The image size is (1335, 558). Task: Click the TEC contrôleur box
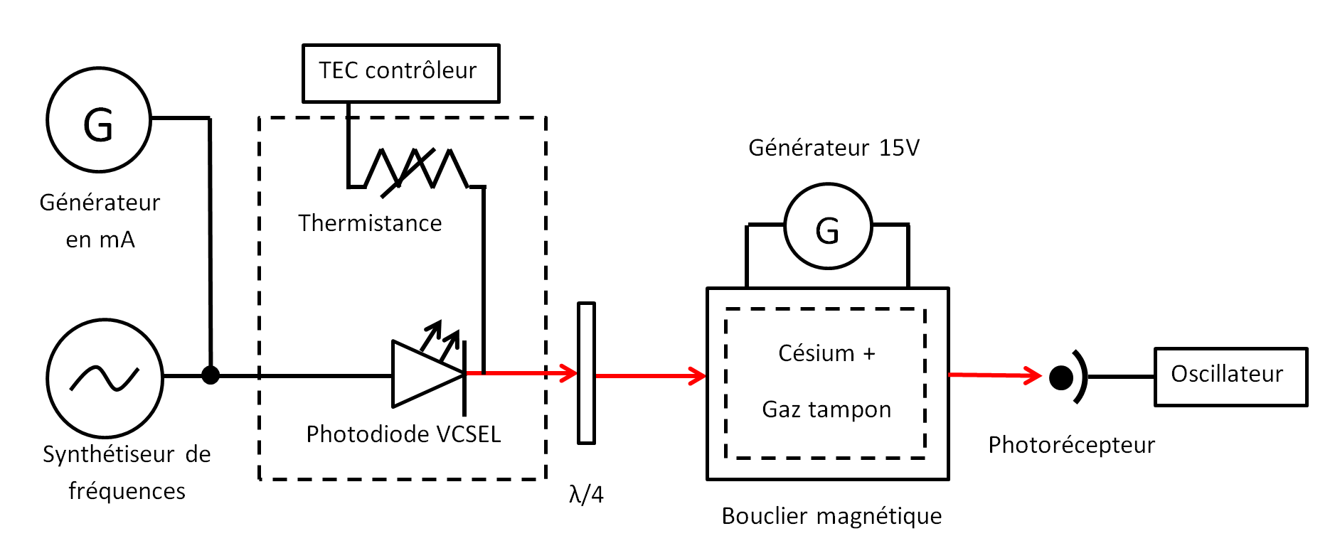pyautogui.click(x=400, y=73)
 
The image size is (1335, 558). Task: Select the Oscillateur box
pyautogui.click(x=1230, y=377)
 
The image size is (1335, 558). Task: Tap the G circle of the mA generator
pyautogui.click(x=99, y=120)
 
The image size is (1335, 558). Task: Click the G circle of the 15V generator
pyautogui.click(x=828, y=226)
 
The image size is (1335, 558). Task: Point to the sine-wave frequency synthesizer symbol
pyautogui.click(x=105, y=378)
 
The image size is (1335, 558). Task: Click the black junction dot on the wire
pyautogui.click(x=211, y=375)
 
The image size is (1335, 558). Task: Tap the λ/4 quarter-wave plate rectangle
pyautogui.click(x=586, y=373)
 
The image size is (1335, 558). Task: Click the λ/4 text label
pyautogui.click(x=586, y=494)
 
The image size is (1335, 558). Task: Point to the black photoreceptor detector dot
pyautogui.click(x=1060, y=377)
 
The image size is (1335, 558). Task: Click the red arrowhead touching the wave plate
pyautogui.click(x=568, y=373)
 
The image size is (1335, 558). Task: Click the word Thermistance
pyautogui.click(x=370, y=223)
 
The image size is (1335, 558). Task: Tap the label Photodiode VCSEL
pyautogui.click(x=403, y=434)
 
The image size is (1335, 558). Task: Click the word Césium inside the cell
pyautogui.click(x=816, y=353)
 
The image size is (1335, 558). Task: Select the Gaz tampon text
pyautogui.click(x=826, y=409)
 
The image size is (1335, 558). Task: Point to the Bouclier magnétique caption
pyautogui.click(x=831, y=516)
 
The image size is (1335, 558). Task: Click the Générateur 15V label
pyautogui.click(x=834, y=148)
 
